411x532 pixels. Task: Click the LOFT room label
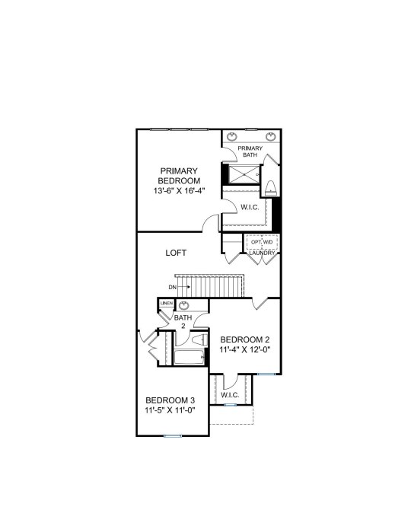tap(176, 253)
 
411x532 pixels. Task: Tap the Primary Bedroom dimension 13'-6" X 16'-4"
tap(179, 191)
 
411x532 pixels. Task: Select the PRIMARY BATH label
tap(250, 151)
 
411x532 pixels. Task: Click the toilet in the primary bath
tap(271, 188)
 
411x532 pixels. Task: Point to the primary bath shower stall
tap(244, 174)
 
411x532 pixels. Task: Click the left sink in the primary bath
tap(232, 137)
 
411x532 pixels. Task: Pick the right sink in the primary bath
tap(270, 137)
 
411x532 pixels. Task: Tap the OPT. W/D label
tap(262, 242)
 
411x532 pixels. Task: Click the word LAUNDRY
tap(262, 253)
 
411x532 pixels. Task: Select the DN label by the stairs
tap(173, 287)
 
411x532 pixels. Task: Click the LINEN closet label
tap(167, 303)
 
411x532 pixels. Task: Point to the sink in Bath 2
tap(184, 305)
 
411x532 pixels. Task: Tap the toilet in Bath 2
tap(199, 340)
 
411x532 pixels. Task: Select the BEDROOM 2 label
tap(245, 339)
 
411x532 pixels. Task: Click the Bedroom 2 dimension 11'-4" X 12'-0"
tap(245, 350)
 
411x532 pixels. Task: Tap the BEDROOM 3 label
tap(170, 400)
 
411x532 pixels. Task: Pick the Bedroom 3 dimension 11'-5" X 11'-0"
tap(170, 410)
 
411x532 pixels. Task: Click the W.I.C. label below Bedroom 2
tap(230, 395)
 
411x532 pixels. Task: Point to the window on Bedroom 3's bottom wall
tap(173, 436)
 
